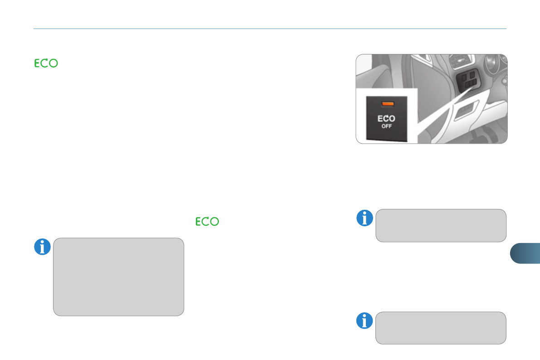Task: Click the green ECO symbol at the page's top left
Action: tap(46, 64)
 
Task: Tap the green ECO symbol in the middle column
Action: tap(208, 222)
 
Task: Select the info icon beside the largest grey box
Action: tap(42, 247)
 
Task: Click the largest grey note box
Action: tap(118, 277)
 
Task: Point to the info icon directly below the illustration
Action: tap(364, 218)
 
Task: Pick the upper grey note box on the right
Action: tap(441, 225)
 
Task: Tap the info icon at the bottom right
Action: tap(364, 321)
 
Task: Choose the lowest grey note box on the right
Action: tap(441, 328)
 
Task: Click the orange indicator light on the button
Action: tap(387, 104)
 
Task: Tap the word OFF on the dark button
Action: tap(387, 126)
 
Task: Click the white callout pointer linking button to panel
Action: tap(435, 113)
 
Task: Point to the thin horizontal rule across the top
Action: tap(270, 29)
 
